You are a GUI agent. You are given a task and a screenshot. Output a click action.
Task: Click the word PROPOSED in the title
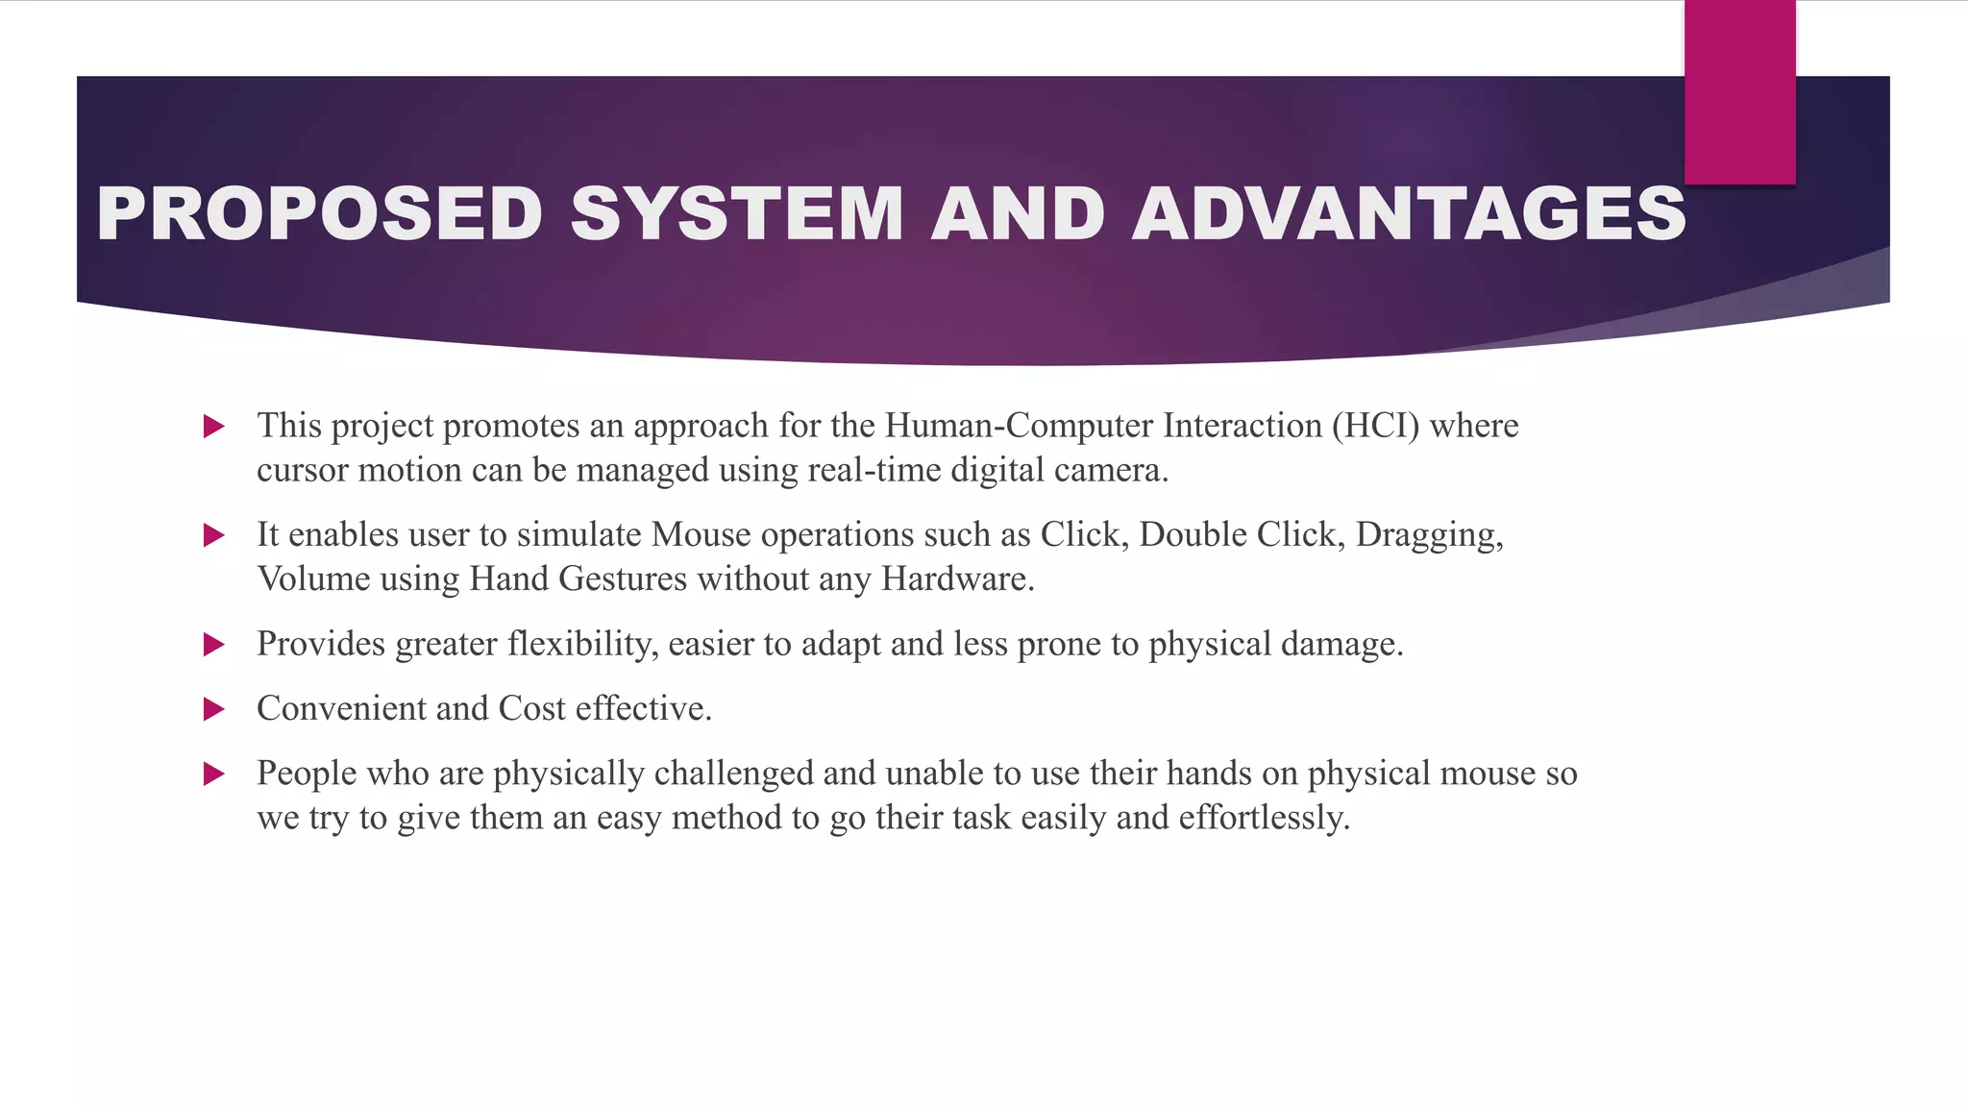[x=320, y=213]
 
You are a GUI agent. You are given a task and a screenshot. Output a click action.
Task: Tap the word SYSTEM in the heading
[x=736, y=213]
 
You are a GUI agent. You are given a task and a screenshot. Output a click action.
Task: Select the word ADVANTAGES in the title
[x=1409, y=213]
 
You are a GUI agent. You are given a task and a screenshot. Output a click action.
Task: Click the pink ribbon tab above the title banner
[x=1739, y=91]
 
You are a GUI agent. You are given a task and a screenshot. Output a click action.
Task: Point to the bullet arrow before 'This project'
[x=214, y=426]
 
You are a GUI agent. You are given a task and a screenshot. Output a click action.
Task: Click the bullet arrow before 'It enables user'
[x=214, y=535]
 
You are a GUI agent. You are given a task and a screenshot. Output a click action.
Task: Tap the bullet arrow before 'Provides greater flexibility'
[x=214, y=644]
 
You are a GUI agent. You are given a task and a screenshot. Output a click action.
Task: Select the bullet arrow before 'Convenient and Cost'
[x=214, y=709]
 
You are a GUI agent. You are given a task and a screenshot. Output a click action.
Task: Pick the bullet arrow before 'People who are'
[x=214, y=774]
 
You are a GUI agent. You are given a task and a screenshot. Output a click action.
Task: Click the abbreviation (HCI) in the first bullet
[x=1375, y=426]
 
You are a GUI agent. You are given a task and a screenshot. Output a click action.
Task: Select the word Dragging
[x=1429, y=535]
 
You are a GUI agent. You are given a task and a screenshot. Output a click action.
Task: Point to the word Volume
[x=313, y=579]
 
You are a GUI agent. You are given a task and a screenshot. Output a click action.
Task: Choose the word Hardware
[x=957, y=579]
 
